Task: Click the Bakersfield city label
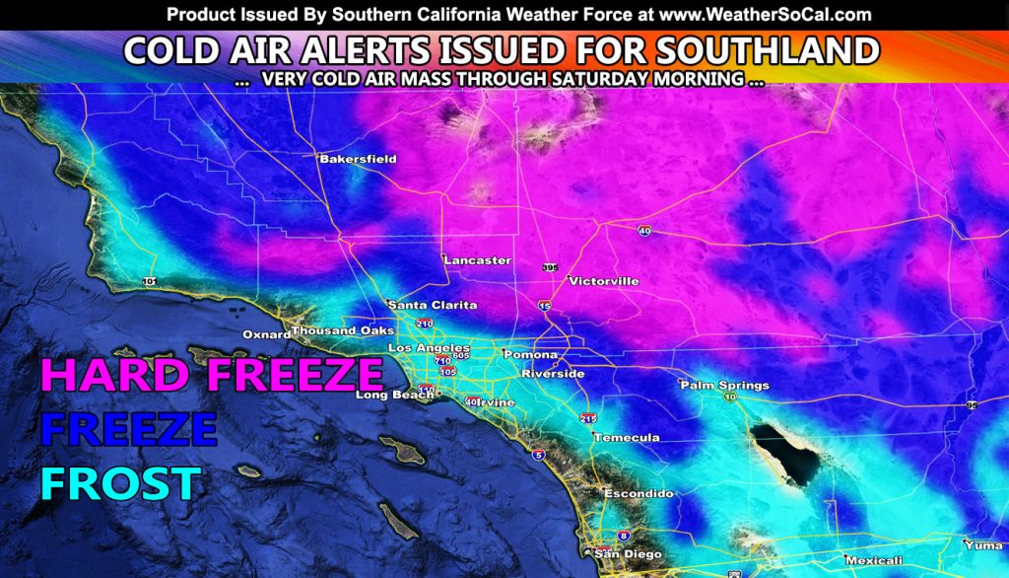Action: tap(357, 158)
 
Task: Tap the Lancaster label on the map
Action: tap(477, 260)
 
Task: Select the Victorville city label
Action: tap(604, 281)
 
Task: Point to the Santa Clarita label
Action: tap(433, 305)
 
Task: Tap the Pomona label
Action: tap(530, 354)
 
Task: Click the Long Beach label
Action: tap(386, 396)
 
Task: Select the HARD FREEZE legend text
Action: tap(211, 375)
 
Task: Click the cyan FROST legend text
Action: tap(120, 483)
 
